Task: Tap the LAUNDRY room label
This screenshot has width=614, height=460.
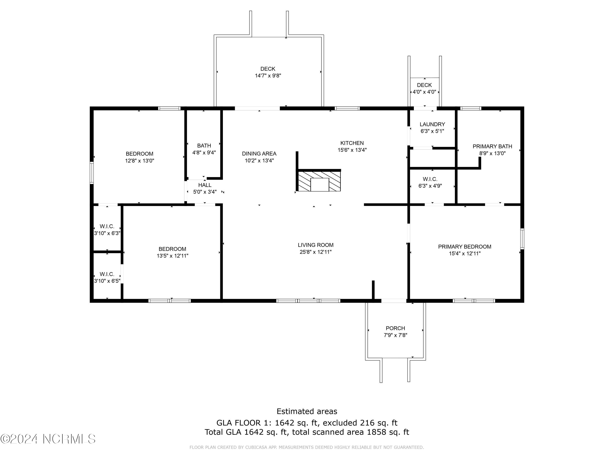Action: [432, 125]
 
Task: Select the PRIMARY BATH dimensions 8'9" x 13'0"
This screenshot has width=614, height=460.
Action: [492, 153]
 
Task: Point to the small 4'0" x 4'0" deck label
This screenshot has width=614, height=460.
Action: [424, 89]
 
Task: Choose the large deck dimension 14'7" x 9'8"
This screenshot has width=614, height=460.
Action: [268, 76]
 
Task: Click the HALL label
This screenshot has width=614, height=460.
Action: [205, 185]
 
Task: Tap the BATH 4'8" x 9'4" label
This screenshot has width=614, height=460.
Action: [204, 149]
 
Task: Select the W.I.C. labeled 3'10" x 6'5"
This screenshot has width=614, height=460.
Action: [107, 278]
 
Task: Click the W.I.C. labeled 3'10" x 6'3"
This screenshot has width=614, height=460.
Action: [107, 230]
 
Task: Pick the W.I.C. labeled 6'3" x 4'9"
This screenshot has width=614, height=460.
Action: [430, 182]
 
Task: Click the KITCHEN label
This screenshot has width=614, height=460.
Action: [352, 143]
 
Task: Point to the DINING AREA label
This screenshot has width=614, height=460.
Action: [259, 154]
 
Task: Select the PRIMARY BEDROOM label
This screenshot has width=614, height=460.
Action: [464, 247]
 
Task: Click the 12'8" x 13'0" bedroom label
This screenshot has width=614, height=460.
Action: [139, 157]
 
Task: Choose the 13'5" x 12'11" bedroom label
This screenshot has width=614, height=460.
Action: [172, 252]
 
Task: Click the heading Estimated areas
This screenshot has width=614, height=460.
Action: [307, 411]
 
